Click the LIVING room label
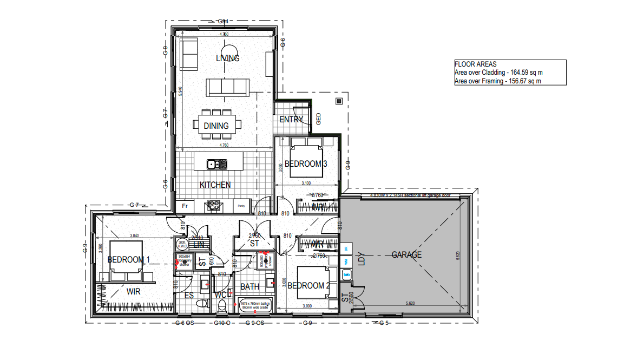[227, 58]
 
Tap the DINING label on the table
[216, 126]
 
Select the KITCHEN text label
[215, 185]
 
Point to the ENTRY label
[291, 119]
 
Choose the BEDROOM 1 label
[129, 259]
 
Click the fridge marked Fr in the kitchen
[185, 206]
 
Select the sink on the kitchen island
[212, 163]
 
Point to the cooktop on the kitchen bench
[212, 206]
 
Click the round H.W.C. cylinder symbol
[182, 244]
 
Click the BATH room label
[249, 286]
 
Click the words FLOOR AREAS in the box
[475, 63]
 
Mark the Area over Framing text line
[497, 81]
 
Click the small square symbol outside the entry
[339, 101]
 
